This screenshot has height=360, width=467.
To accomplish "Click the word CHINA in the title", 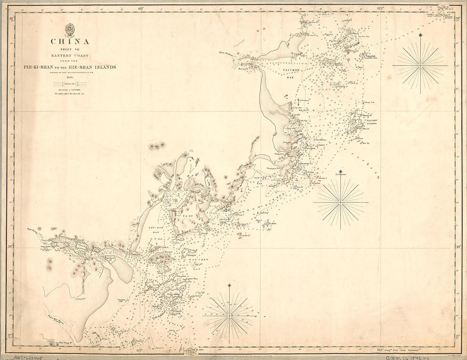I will click(70, 42).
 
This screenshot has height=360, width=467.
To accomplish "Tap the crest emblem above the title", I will click(70, 30).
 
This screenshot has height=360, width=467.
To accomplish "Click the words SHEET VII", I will click(70, 49).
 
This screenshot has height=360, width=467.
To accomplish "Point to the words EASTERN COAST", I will click(70, 55).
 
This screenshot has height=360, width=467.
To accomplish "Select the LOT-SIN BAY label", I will click(153, 230).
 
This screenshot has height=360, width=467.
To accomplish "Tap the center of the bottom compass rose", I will click(230, 315).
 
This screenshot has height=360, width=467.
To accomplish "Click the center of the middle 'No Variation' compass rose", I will click(341, 203).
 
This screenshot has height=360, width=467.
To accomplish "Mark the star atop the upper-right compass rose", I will click(420, 36).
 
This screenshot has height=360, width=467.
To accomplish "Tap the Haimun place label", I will click(243, 68).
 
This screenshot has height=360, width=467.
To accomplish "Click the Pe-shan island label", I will click(272, 223).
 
